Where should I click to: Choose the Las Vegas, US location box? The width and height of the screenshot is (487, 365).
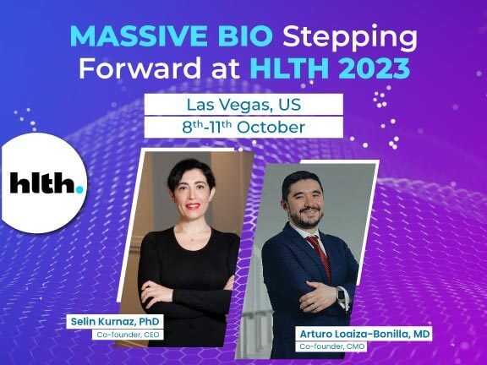[x=243, y=105]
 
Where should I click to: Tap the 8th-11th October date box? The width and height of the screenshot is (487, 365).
[x=243, y=127]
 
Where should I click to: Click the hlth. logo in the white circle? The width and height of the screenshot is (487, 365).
[x=47, y=182]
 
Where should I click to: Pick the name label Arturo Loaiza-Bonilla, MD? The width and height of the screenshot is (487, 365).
[x=366, y=335]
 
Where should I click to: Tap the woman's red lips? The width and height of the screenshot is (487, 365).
[x=193, y=204]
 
